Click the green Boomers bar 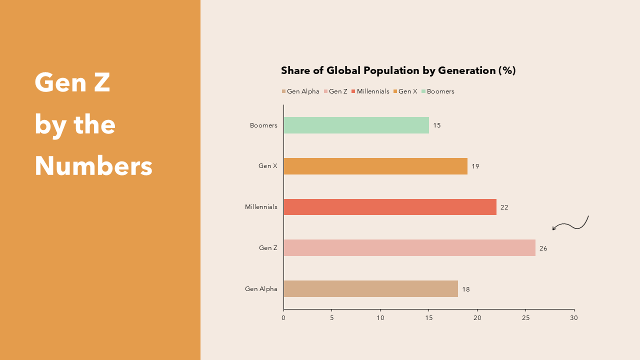(356, 125)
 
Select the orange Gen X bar (375, 166)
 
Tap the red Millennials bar (390, 207)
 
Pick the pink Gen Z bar (409, 248)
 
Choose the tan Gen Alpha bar (370, 289)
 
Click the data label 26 (543, 248)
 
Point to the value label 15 (437, 125)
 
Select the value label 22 (504, 207)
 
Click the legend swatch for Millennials (353, 91)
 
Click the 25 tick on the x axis (525, 318)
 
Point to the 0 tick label (283, 318)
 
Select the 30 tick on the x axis (574, 318)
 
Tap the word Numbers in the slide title (93, 166)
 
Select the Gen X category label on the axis (267, 166)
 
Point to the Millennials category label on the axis (261, 207)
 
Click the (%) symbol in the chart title (506, 70)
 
